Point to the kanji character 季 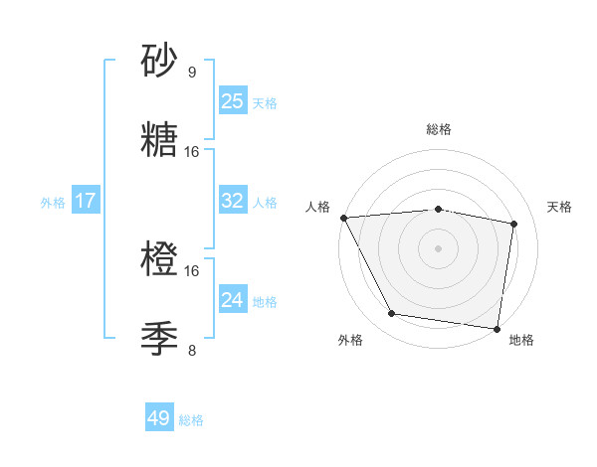tap(160, 340)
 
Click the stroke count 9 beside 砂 tap(192, 73)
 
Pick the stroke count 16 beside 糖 tap(193, 152)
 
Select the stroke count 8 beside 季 tap(192, 351)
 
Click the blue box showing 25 tap(233, 101)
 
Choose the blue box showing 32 tap(233, 201)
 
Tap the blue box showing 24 tap(233, 299)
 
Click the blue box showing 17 tap(86, 201)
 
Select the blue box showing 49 tap(159, 419)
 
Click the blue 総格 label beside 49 tap(191, 420)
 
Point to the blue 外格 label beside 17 tap(53, 202)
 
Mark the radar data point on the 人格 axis tap(343, 218)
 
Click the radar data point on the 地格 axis tap(497, 328)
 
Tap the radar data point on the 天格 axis tap(514, 224)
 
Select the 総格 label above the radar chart tap(439, 129)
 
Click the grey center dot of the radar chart tap(439, 247)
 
